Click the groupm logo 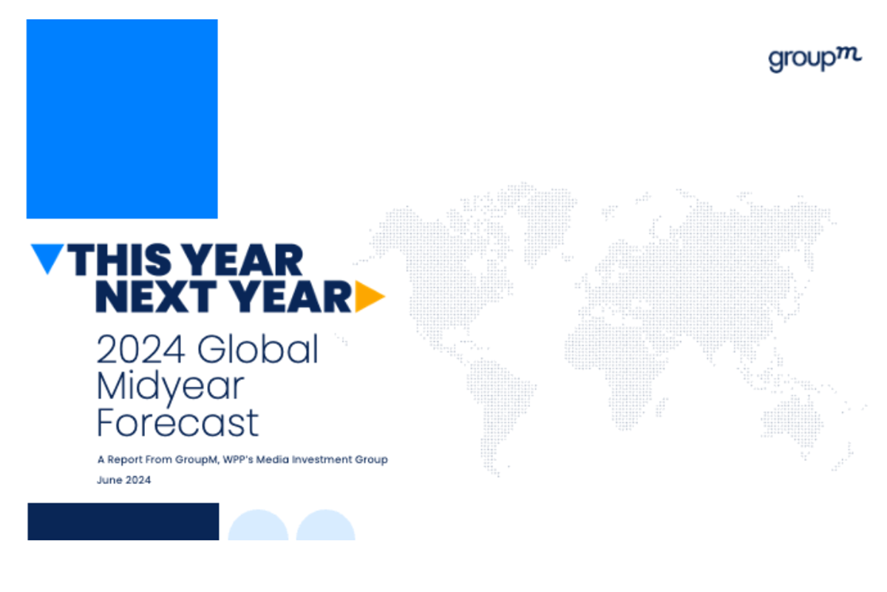pyautogui.click(x=815, y=60)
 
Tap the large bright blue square pyautogui.click(x=122, y=119)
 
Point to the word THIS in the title pyautogui.click(x=120, y=260)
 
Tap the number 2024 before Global pyautogui.click(x=140, y=349)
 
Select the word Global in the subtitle pyautogui.click(x=258, y=349)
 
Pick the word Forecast pyautogui.click(x=178, y=423)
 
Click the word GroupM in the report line pyautogui.click(x=197, y=460)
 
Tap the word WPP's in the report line pyautogui.click(x=237, y=460)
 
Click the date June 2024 pyautogui.click(x=124, y=480)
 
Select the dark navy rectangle pyautogui.click(x=123, y=522)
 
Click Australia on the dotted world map pyautogui.click(x=792, y=423)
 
